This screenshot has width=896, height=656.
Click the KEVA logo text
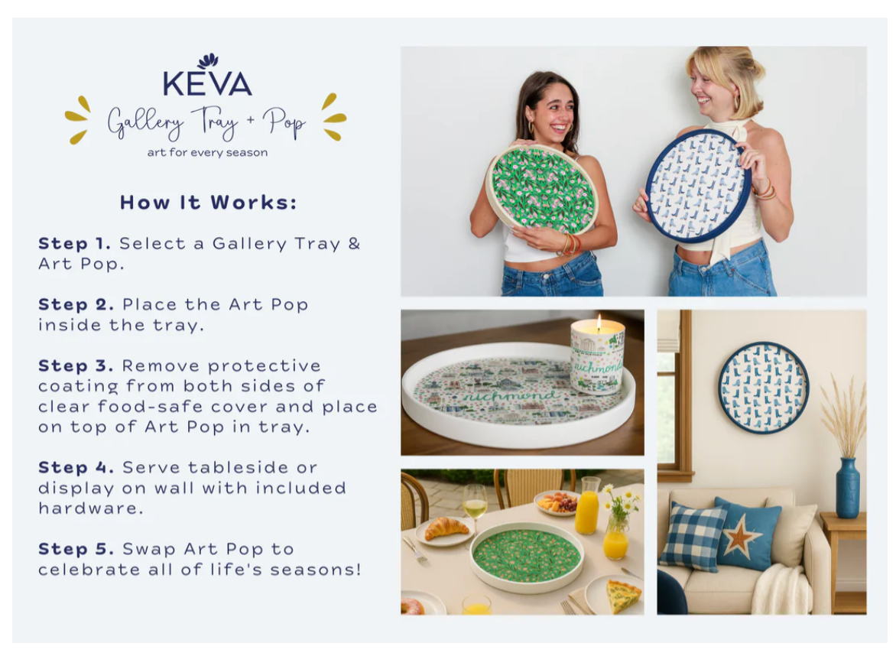(x=207, y=83)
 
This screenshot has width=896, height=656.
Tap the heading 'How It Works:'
(x=209, y=203)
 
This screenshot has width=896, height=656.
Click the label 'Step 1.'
(x=74, y=243)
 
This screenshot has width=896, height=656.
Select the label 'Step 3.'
(x=76, y=365)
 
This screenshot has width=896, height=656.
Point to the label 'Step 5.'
(x=76, y=549)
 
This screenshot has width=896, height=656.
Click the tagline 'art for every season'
(x=207, y=153)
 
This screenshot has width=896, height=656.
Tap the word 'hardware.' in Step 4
(x=91, y=508)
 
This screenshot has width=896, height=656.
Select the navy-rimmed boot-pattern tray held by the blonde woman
(x=698, y=185)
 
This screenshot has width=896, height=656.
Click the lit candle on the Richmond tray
(x=597, y=356)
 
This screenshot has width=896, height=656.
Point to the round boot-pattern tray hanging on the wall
(x=764, y=387)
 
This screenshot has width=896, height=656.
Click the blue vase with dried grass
(x=847, y=488)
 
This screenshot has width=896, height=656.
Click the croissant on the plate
(x=446, y=528)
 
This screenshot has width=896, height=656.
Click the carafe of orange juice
(x=587, y=505)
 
